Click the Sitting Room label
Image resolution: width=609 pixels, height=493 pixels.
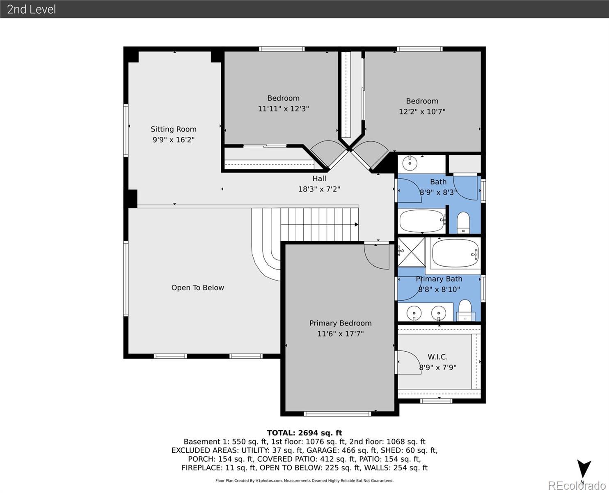[x=174, y=129]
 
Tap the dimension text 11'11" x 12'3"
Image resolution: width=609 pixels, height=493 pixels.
[x=283, y=109]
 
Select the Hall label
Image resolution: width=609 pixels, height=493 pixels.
[x=319, y=179]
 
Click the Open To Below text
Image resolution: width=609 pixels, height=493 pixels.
[x=197, y=288]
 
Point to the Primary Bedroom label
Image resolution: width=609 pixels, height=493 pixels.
[x=340, y=323]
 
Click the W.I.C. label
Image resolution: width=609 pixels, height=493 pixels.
[x=437, y=357]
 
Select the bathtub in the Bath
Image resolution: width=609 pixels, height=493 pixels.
[x=422, y=221]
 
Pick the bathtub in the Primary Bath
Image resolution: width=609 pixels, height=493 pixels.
[x=455, y=253]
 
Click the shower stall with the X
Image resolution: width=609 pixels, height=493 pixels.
[x=411, y=252]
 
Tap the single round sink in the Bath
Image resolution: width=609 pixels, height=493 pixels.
[x=410, y=164]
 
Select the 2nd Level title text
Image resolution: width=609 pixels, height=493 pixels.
[x=32, y=9]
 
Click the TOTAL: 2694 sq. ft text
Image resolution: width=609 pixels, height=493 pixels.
[x=304, y=433]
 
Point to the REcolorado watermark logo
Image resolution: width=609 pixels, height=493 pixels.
[x=577, y=486]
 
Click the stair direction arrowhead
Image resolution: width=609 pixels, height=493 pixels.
[x=357, y=225]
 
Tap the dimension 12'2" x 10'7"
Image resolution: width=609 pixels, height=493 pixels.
[x=422, y=112]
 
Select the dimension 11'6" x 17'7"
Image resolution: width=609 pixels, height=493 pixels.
[x=340, y=334]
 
